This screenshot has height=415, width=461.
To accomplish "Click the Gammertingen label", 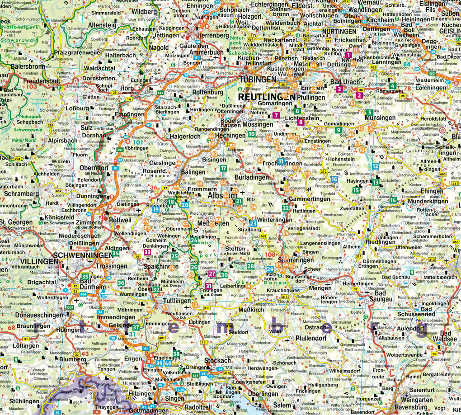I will point(310,199).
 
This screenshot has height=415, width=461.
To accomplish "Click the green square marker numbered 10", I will point(251,134).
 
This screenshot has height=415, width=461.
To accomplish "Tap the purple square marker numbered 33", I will point(147,252).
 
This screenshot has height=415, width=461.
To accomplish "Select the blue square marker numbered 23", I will point(253,223).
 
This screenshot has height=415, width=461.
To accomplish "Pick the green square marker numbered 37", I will point(136,327).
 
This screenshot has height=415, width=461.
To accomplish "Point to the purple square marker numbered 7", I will point(276,115).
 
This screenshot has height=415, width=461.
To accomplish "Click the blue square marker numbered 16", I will point(334,179).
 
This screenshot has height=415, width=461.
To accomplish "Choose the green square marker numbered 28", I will point(250,266).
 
